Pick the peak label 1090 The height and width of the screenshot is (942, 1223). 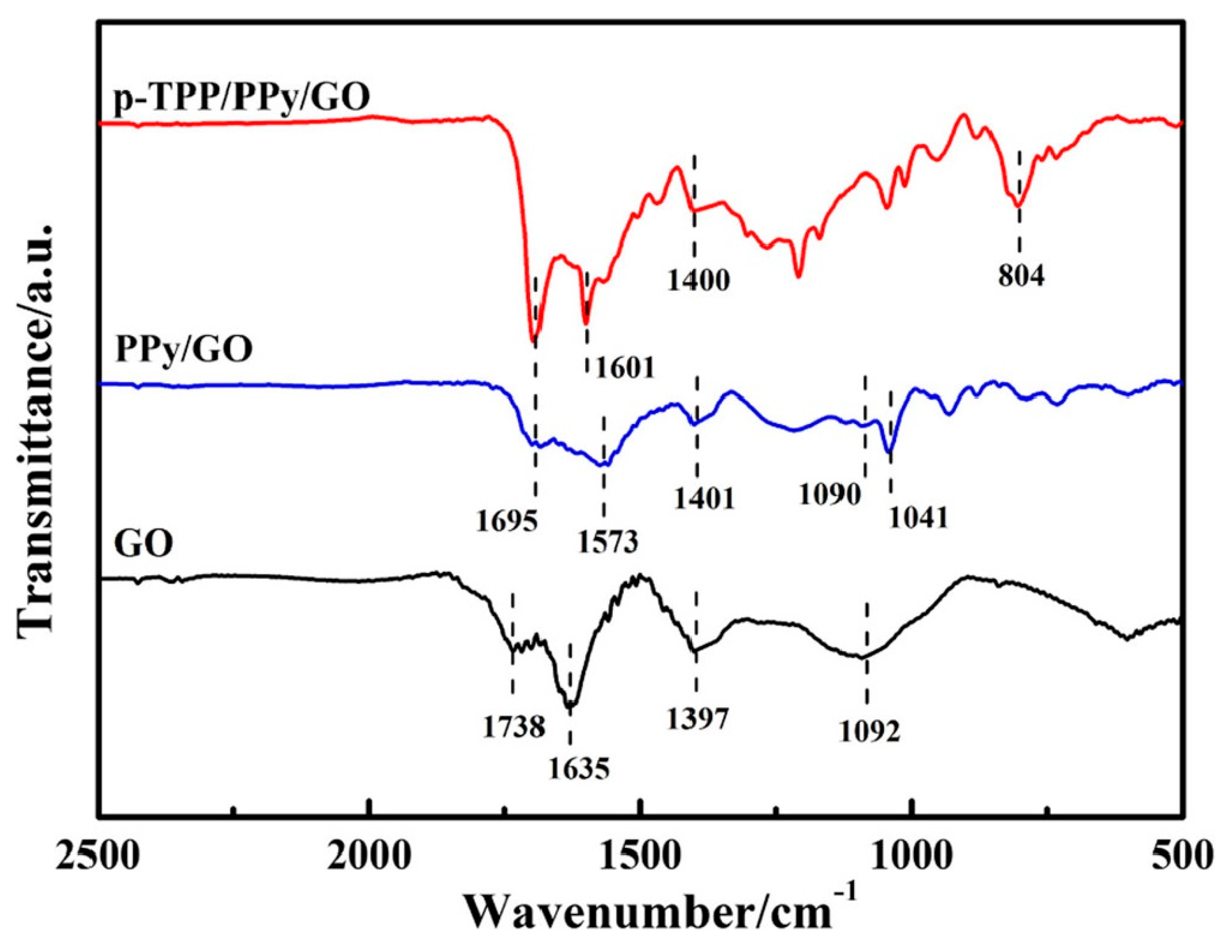(x=829, y=494)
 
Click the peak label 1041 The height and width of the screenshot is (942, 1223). (x=918, y=518)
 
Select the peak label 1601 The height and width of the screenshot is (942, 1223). (x=625, y=368)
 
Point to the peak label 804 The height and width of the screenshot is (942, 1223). (x=1021, y=277)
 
